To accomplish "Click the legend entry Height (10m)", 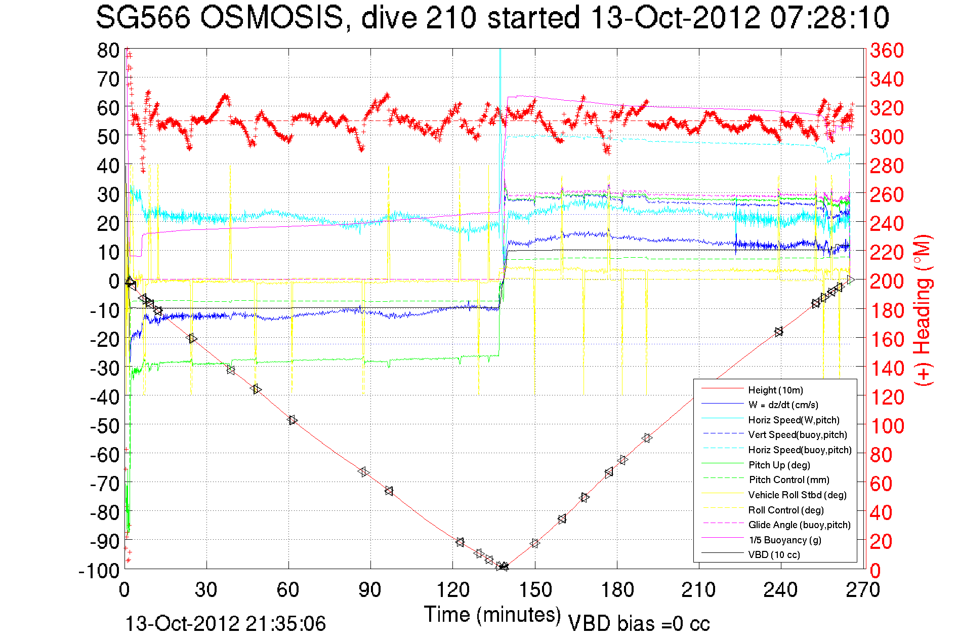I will coord(775,390).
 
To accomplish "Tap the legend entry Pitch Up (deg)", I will coord(779,465).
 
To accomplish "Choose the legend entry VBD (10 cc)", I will coord(774,554).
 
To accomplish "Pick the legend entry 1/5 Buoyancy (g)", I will coord(784,540).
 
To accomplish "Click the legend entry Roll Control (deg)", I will coord(786,510).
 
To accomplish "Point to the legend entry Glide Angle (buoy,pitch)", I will coord(799,525).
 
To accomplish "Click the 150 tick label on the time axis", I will coord(535,590).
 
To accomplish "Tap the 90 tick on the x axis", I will coord(370,590).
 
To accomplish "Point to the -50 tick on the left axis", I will coord(105,425).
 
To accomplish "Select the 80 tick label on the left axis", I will coord(109,50).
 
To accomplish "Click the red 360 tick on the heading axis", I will coord(887,50).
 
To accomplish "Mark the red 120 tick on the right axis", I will coord(887,397).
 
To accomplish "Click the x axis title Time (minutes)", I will coord(492,615).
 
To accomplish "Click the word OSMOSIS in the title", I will coord(271,18).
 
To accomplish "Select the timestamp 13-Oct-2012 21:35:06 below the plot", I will coord(225,624).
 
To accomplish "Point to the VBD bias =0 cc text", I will coord(639,624).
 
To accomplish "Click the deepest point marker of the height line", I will coord(503,567).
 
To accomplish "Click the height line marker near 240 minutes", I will coord(778,332).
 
